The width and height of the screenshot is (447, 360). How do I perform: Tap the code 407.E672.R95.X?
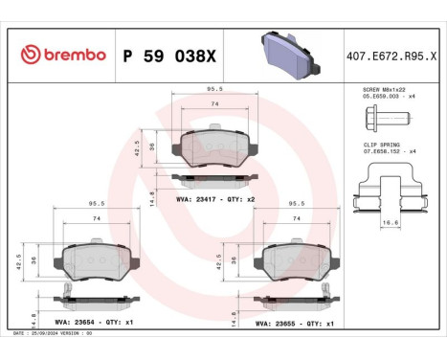[392, 56]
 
